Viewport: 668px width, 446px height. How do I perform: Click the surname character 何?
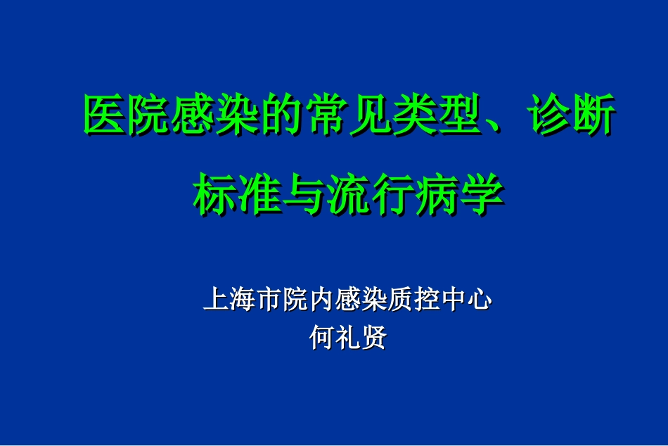(322, 338)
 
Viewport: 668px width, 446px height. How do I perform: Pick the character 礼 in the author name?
(348, 338)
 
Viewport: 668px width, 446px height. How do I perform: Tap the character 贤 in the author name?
(374, 338)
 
